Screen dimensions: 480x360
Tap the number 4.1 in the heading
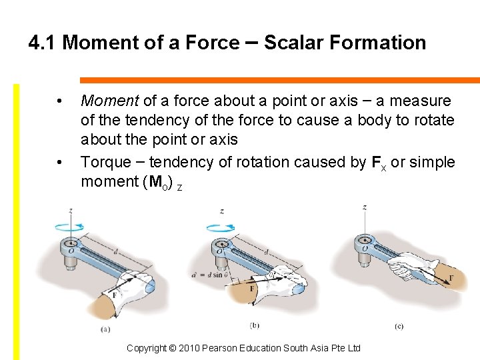[43, 43]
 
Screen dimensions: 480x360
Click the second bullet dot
[60, 163]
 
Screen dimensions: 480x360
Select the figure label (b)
[254, 325]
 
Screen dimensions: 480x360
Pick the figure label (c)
[399, 326]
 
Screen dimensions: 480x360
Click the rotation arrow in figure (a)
[69, 227]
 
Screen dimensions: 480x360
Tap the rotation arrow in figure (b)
[221, 228]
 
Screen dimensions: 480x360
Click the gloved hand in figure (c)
[413, 267]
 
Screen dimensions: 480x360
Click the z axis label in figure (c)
[365, 207]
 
